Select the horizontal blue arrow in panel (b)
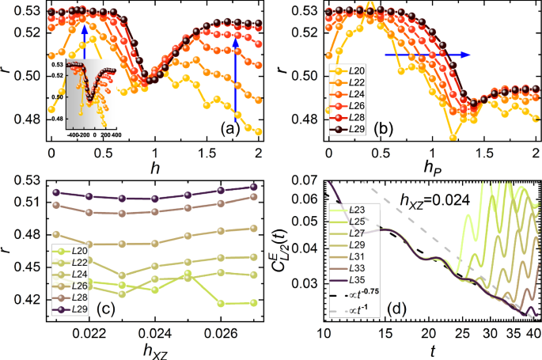point(427,55)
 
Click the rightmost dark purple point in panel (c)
point(253,187)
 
